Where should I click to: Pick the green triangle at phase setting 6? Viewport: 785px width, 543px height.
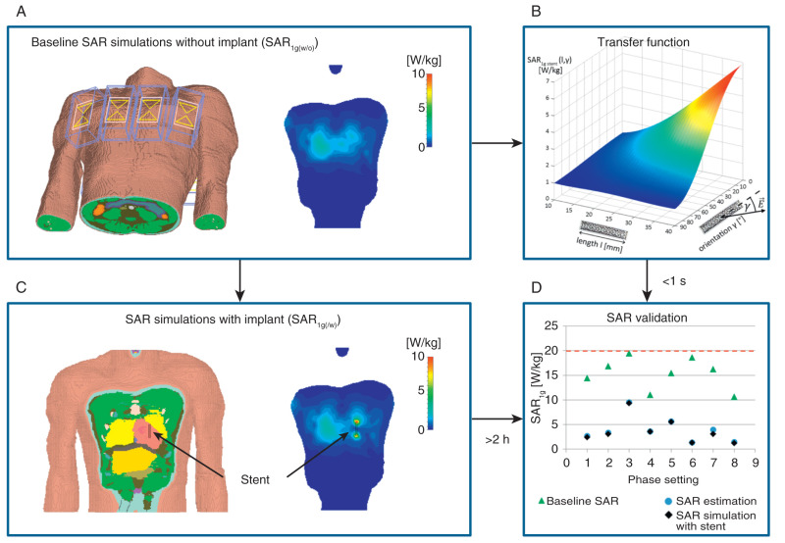[x=692, y=358]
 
